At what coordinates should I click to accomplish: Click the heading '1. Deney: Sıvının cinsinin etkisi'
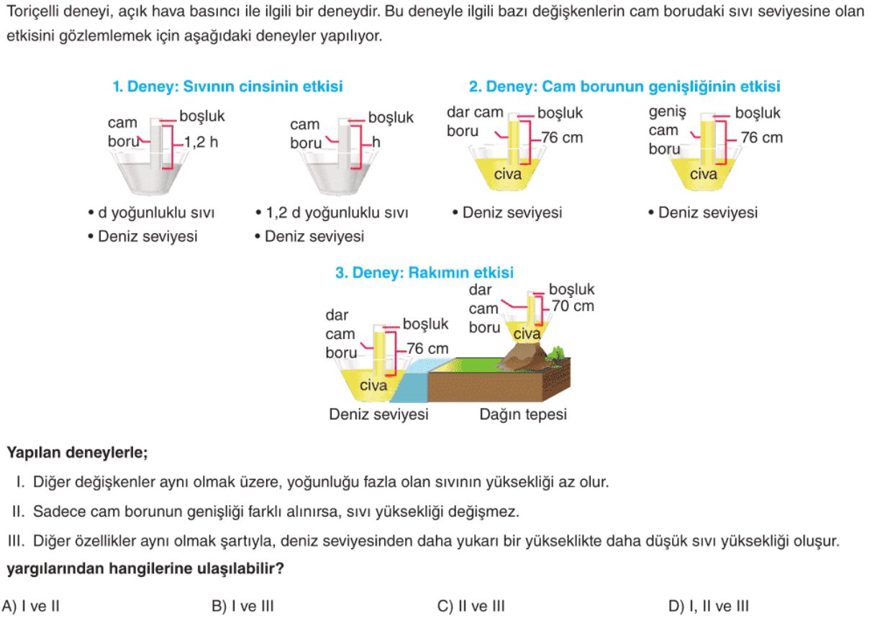point(228,86)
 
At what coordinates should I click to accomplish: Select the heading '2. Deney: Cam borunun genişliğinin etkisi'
point(625,86)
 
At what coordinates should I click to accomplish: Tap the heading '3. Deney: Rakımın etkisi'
point(424,273)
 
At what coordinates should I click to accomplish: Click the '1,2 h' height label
point(201,142)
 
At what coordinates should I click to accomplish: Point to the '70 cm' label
point(573,306)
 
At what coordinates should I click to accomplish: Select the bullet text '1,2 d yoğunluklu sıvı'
point(337,213)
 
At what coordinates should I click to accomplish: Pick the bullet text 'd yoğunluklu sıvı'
point(156,213)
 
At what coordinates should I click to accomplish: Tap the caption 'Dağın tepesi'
point(523,414)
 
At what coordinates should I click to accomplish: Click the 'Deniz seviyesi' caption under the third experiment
point(378,414)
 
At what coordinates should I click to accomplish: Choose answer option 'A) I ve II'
point(31,606)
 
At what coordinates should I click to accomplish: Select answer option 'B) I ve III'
point(242,606)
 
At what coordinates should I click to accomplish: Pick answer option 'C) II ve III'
point(471,606)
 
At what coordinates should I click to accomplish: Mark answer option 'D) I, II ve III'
point(709,606)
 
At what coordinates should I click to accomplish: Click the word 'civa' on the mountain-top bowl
point(527,334)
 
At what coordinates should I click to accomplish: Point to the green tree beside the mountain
point(556,353)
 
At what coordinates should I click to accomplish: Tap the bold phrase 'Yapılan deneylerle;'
point(77,453)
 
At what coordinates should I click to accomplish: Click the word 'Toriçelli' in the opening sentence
point(32,12)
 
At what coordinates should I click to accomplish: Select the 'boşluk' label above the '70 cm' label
point(571,289)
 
